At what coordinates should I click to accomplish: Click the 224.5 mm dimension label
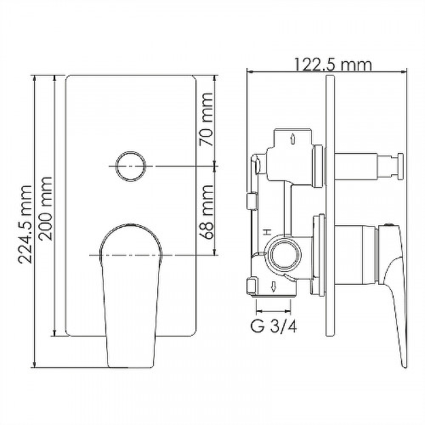pyautogui.click(x=25, y=224)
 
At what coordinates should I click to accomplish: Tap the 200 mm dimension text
pyautogui.click(x=46, y=209)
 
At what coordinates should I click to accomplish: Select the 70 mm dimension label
pyautogui.click(x=206, y=119)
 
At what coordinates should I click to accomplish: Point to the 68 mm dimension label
pyautogui.click(x=206, y=212)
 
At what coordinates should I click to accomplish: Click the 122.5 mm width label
pyautogui.click(x=332, y=65)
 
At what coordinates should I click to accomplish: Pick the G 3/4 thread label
pyautogui.click(x=274, y=326)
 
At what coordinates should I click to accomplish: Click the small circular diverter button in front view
pyautogui.click(x=131, y=167)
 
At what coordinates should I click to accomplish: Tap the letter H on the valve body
pyautogui.click(x=266, y=232)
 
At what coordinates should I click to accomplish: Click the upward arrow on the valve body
pyautogui.click(x=293, y=139)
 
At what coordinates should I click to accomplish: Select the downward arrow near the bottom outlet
pyautogui.click(x=274, y=287)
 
